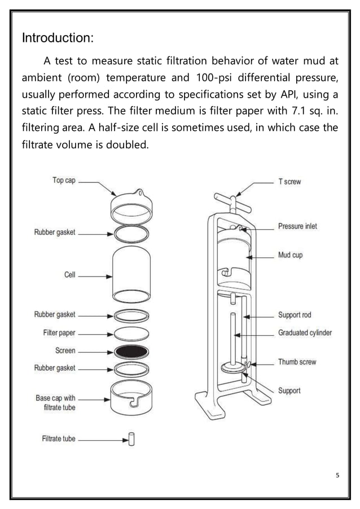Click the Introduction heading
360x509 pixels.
pos(57,38)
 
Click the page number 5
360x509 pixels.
pos(337,475)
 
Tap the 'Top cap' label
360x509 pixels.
pos(64,181)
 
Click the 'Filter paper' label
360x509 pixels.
pos(59,332)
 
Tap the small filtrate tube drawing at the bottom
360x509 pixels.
pos(131,438)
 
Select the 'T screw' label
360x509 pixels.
pos(289,182)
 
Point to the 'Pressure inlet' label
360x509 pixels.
pos(297,226)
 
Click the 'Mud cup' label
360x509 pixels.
pos(290,255)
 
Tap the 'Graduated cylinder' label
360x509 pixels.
pos(305,332)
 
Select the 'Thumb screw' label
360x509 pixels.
pos(297,362)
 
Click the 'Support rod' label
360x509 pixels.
pos(295,315)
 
